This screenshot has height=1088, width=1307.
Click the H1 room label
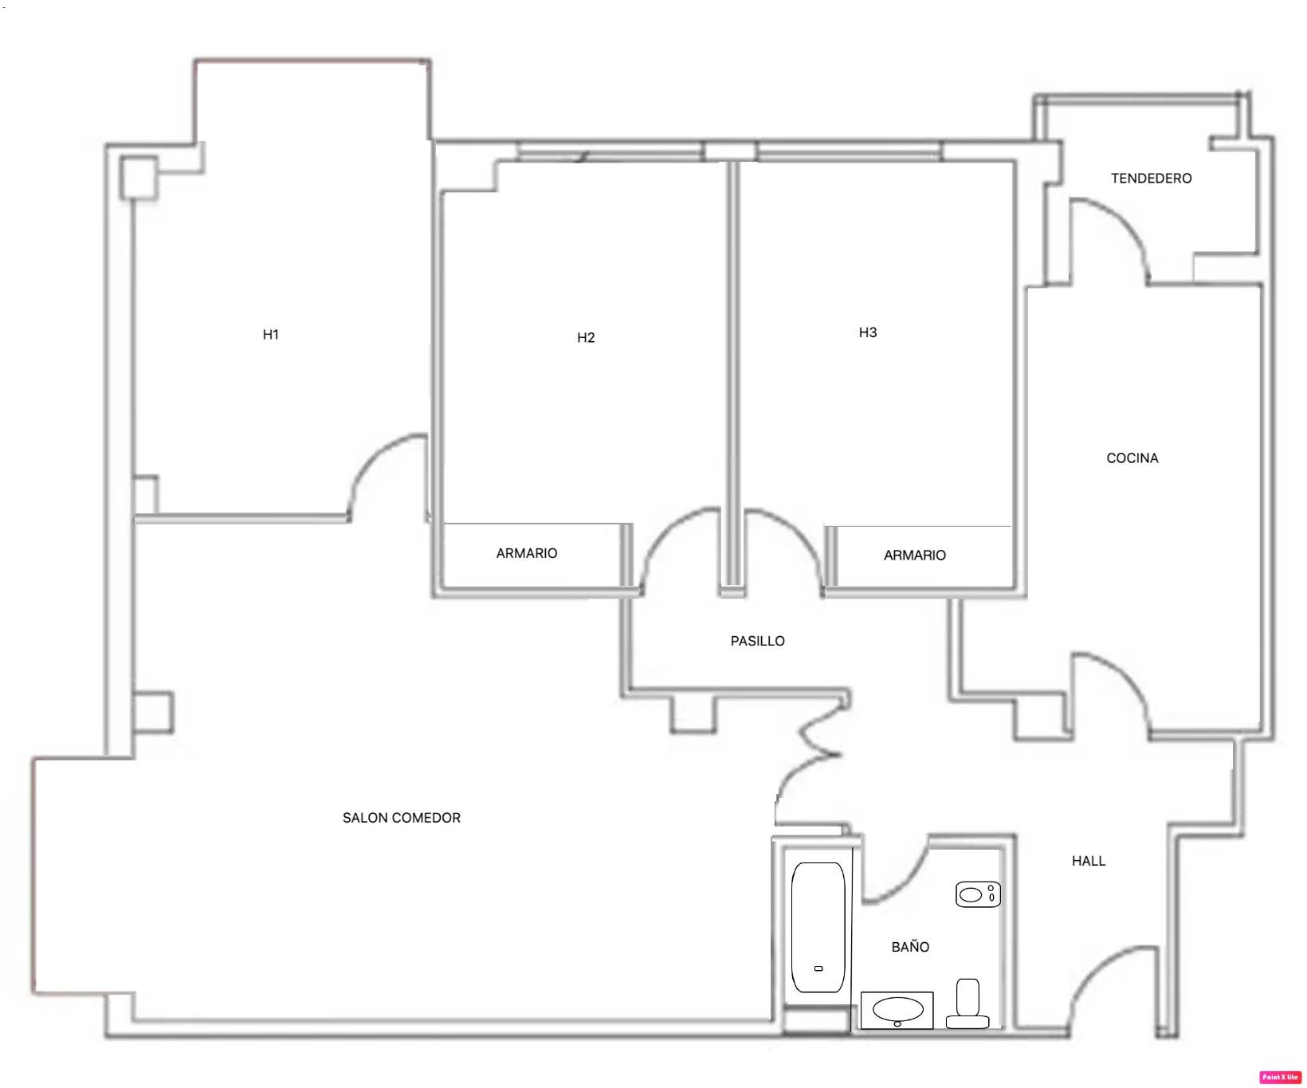[271, 335]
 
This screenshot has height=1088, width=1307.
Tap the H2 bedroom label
[586, 338]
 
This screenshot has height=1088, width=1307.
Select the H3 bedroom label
[868, 332]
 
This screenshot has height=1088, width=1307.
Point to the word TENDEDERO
[1152, 179]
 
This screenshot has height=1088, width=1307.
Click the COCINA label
[1132, 458]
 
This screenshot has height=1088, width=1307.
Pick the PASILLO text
[758, 641]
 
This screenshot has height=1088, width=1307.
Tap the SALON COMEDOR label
[402, 818]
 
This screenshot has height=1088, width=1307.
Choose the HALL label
[1089, 861]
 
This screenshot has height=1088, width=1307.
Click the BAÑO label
[910, 946]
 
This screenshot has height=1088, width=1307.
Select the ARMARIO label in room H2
[527, 553]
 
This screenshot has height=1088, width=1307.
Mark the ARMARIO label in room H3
[915, 556]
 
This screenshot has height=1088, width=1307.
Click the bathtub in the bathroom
[818, 927]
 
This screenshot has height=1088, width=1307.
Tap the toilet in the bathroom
[967, 1004]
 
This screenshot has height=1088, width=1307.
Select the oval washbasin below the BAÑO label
[897, 1010]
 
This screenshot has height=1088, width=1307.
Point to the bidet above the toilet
[978, 894]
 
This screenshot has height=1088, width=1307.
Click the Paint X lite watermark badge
[1280, 1077]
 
